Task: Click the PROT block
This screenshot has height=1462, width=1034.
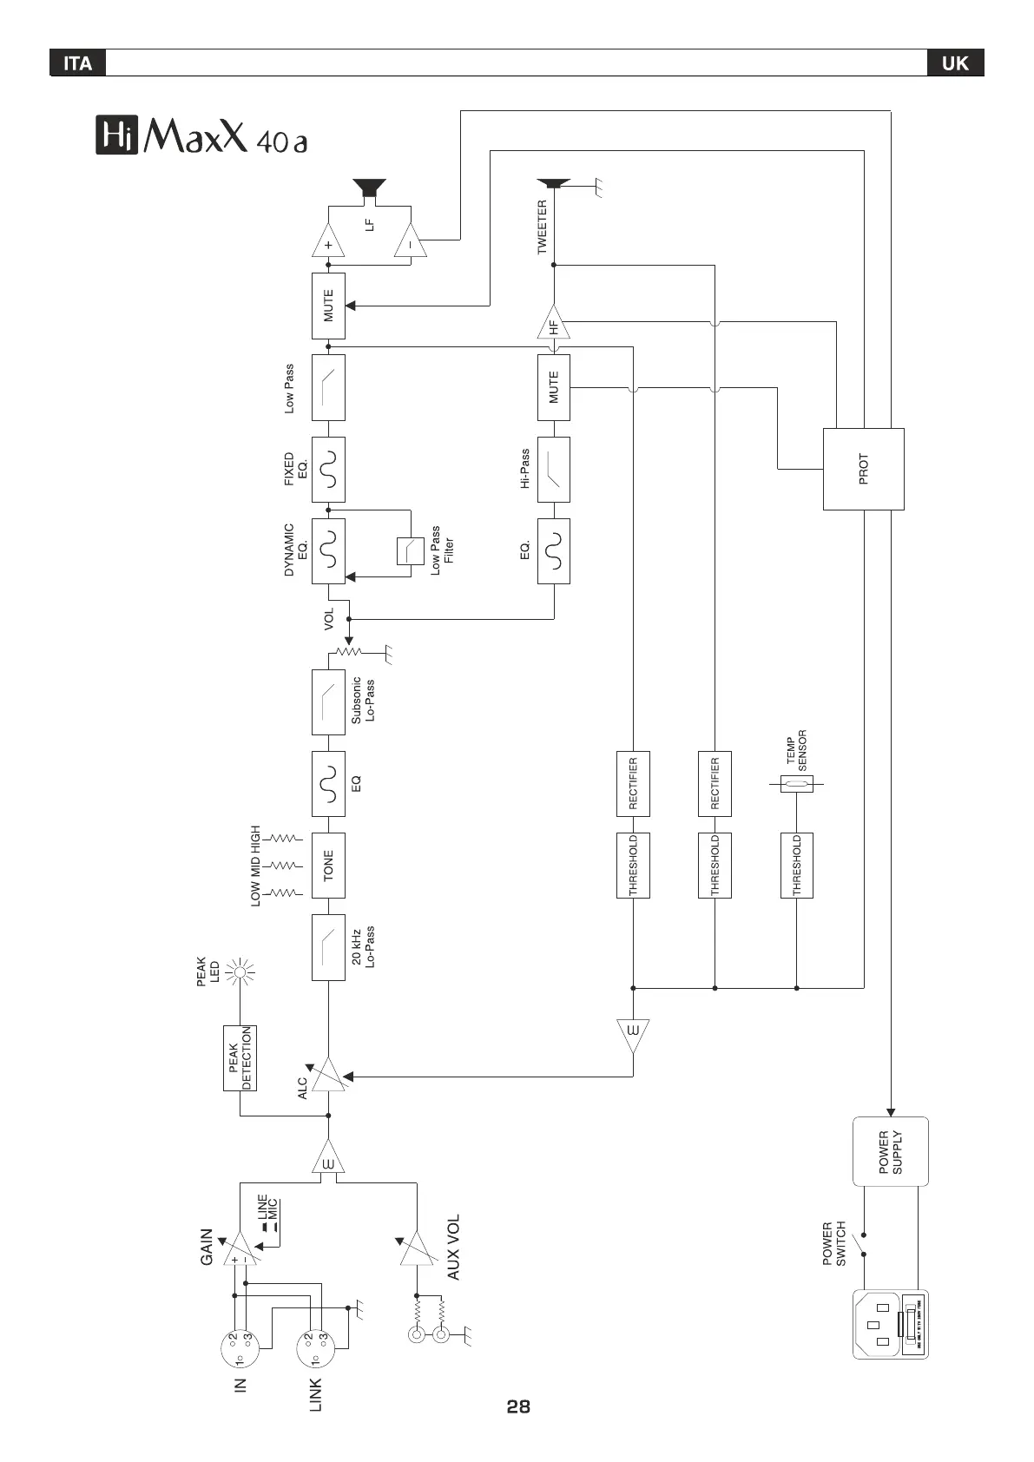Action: pyautogui.click(x=863, y=469)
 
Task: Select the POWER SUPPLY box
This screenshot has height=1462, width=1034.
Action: pyautogui.click(x=890, y=1151)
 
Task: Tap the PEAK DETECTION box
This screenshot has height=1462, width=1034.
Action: pyautogui.click(x=240, y=1057)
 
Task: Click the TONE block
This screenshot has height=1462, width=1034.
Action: pyautogui.click(x=328, y=866)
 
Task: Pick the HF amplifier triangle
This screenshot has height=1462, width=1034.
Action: pyautogui.click(x=553, y=324)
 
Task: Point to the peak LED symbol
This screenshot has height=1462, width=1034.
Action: pyautogui.click(x=240, y=972)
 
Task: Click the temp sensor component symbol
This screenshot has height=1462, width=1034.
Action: pyautogui.click(x=796, y=785)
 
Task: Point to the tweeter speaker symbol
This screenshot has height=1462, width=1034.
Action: pyautogui.click(x=553, y=183)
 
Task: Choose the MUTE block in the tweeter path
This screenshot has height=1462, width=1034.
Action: pyautogui.click(x=554, y=387)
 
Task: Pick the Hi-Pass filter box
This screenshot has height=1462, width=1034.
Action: pyautogui.click(x=554, y=470)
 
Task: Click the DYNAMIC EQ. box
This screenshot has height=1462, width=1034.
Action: pyautogui.click(x=328, y=550)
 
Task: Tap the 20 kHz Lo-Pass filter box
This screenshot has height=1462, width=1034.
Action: pyautogui.click(x=328, y=947)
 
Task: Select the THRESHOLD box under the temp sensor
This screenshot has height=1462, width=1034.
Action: pyautogui.click(x=796, y=866)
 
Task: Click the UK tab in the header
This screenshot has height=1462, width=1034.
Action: pyautogui.click(x=955, y=63)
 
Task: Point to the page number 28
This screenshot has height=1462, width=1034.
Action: pyautogui.click(x=518, y=1406)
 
